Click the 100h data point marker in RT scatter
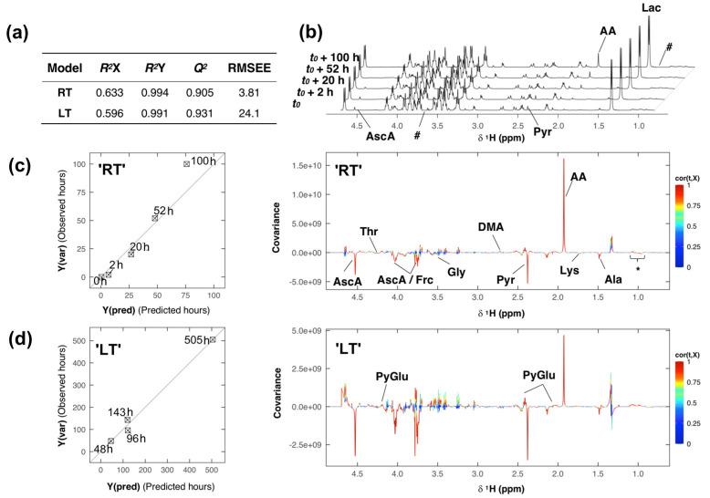click(186, 163)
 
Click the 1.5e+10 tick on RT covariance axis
click(322, 168)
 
